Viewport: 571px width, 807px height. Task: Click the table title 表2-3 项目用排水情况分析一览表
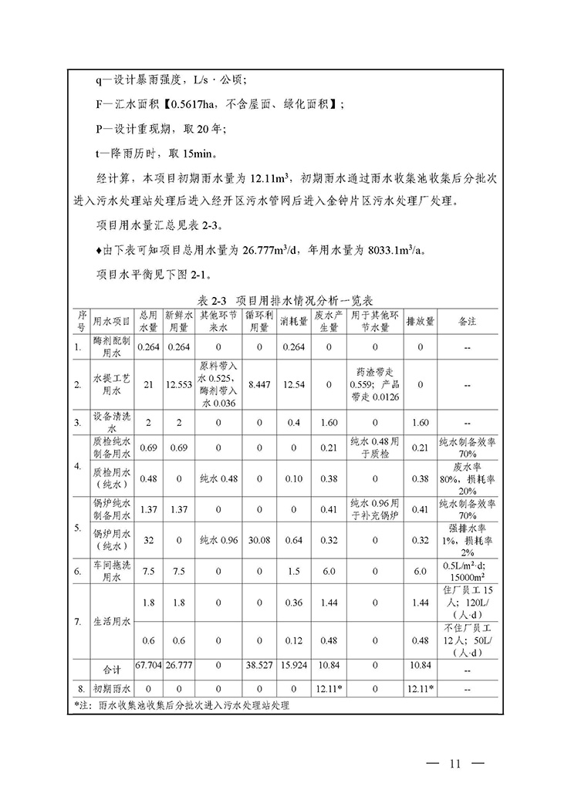pyautogui.click(x=285, y=302)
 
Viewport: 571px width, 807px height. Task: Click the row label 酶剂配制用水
pyautogui.click(x=111, y=346)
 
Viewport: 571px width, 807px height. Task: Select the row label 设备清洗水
pyautogui.click(x=111, y=423)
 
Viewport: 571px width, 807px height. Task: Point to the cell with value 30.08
pyautogui.click(x=259, y=540)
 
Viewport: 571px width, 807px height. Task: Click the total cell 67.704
pyautogui.click(x=147, y=663)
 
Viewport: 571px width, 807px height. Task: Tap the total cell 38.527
pyautogui.click(x=259, y=663)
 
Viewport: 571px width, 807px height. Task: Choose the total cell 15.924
pyautogui.click(x=294, y=663)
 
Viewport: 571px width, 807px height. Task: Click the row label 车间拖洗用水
pyautogui.click(x=111, y=572)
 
